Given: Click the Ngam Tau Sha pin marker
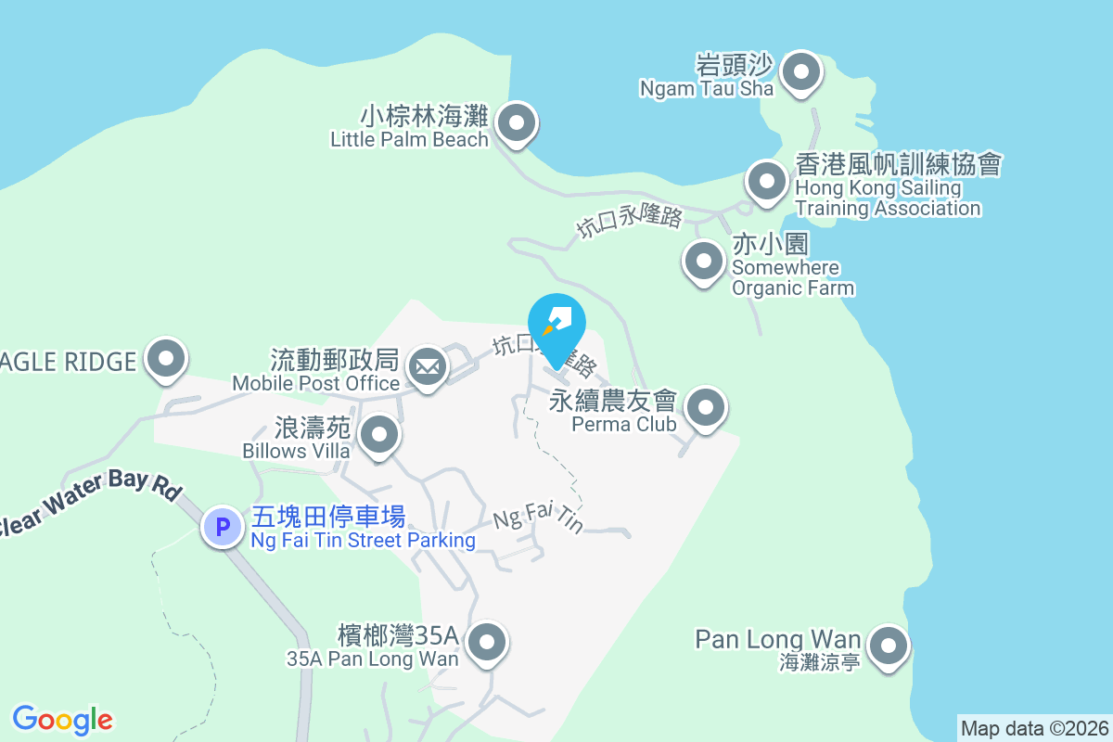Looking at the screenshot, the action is pos(801,72).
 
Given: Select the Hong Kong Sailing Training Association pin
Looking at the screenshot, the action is pos(766,181).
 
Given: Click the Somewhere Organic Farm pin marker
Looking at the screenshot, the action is pos(703,262).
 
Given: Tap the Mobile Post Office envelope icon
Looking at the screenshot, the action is pos(427,367).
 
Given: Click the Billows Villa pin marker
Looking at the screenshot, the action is pos(378,435).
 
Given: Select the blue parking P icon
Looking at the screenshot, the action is pos(222,528).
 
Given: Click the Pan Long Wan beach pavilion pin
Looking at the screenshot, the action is pos(889,646).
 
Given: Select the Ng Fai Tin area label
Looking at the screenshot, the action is pos(539,517).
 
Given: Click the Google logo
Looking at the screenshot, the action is pos(62,719).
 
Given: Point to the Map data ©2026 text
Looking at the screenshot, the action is pos(1033,728).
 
